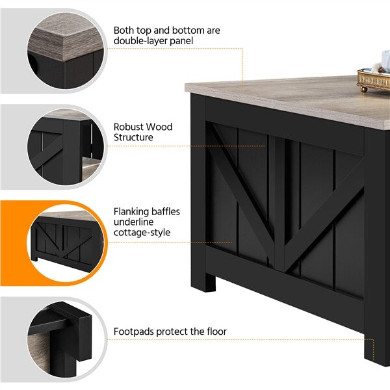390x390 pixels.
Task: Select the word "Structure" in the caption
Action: [133, 137]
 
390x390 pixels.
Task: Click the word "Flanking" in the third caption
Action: [131, 212]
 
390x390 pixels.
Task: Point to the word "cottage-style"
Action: [142, 233]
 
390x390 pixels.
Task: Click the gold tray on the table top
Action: [374, 79]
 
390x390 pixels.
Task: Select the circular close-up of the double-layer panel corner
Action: [65, 51]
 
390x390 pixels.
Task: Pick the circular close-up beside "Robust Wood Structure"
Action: [65, 147]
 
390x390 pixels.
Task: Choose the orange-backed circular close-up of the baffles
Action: [65, 243]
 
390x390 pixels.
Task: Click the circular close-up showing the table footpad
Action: [65, 339]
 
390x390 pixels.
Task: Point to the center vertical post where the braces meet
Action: [279, 203]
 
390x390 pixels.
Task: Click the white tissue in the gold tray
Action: [385, 60]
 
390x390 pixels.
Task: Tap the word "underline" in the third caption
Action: [133, 222]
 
